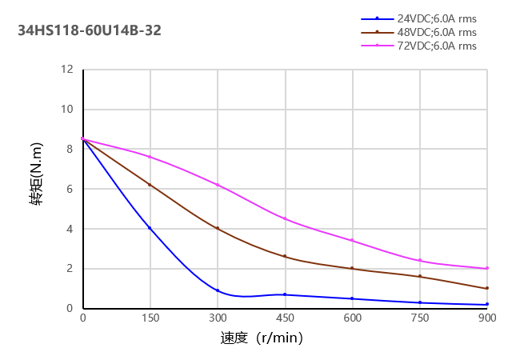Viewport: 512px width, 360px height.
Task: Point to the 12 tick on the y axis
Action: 68,70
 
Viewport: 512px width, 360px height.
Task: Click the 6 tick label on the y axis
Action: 70,189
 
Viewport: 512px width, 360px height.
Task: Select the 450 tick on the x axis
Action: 285,318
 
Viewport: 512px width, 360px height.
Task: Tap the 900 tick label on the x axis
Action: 487,318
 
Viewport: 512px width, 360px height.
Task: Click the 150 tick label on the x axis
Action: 150,318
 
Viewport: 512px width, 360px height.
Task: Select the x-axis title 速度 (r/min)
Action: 262,338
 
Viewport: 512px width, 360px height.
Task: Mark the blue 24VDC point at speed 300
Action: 218,290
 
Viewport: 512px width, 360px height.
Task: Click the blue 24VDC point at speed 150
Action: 150,228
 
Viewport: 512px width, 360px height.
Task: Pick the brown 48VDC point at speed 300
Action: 218,229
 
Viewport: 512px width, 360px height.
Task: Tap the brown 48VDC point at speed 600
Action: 352,269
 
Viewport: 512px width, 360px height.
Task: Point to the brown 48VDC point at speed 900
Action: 486,289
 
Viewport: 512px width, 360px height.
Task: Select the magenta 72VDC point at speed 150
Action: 150,157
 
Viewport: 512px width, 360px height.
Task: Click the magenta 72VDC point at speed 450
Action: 285,218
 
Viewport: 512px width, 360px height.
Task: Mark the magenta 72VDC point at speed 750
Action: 419,261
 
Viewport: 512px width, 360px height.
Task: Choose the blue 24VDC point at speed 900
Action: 486,304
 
